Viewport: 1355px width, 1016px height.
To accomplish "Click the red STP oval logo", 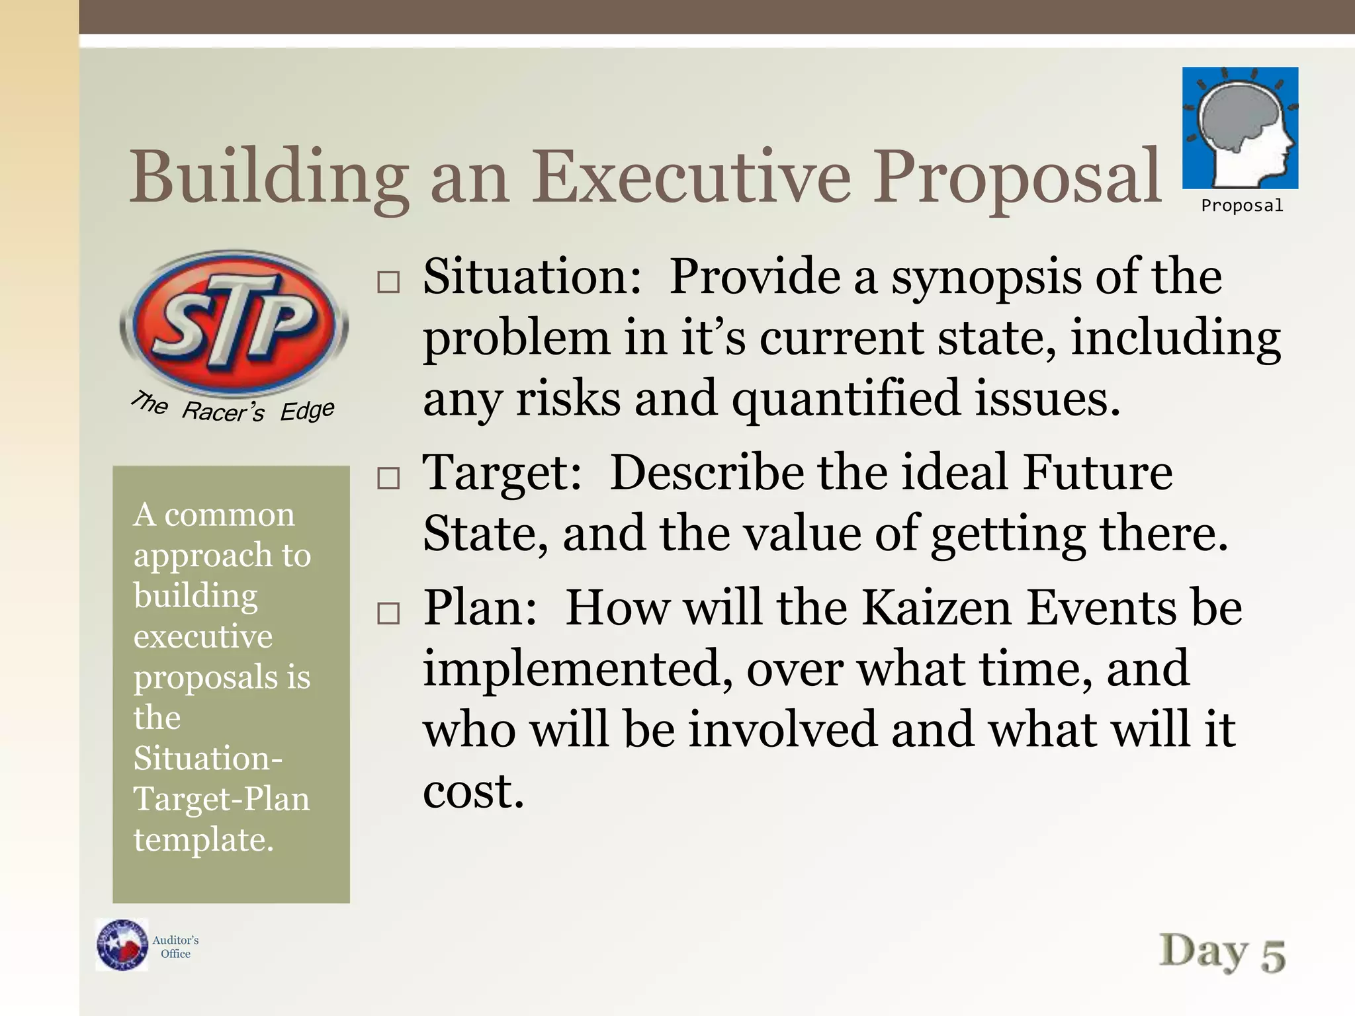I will [234, 324].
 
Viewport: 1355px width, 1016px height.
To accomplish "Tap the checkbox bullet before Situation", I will [388, 282].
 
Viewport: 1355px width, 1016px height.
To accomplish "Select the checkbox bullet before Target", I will [388, 478].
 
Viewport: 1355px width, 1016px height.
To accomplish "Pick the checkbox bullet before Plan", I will [388, 613].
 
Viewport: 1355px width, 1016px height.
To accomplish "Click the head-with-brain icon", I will [1240, 128].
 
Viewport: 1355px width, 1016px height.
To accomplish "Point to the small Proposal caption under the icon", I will [1242, 206].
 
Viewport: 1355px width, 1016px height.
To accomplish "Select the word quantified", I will [846, 399].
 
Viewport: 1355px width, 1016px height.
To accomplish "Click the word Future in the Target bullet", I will [1097, 472].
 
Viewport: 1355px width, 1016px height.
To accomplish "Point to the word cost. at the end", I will [474, 791].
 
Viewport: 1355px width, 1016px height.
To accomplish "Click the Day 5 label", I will [1222, 953].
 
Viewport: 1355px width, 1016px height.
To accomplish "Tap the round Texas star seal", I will [122, 945].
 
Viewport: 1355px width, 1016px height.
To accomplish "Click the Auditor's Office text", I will [175, 947].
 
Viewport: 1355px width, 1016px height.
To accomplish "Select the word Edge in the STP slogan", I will [307, 411].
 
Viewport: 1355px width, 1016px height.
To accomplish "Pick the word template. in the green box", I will [204, 839].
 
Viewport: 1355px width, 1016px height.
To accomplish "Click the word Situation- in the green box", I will [208, 758].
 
